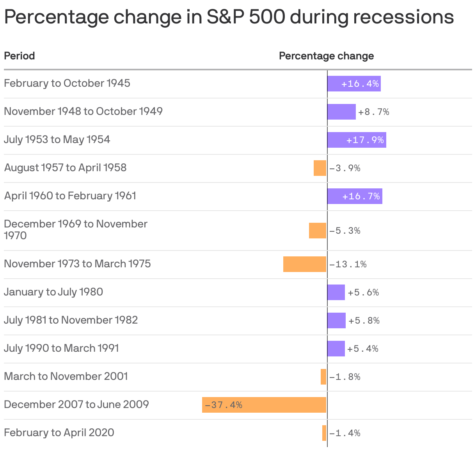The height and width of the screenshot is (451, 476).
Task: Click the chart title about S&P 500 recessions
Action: coord(229,17)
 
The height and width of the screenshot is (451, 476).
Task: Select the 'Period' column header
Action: coord(20,56)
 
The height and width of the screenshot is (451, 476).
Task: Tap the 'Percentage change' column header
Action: coord(326,56)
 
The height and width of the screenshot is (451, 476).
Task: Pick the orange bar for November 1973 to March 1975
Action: coord(304,264)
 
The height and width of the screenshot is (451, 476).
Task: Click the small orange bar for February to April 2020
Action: coord(324,433)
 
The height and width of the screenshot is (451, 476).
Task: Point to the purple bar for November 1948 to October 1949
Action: coord(341,112)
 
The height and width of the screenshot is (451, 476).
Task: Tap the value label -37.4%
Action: coord(224,405)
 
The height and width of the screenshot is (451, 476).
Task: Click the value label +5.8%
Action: coord(364,320)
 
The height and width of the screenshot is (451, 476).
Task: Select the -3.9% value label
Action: coord(345,168)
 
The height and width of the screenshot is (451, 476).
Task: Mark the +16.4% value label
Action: coord(360,84)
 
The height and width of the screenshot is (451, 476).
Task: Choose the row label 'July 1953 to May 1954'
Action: coord(57,140)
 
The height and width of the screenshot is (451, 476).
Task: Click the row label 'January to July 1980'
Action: coord(53,292)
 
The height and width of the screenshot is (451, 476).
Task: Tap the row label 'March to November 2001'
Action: coord(66,376)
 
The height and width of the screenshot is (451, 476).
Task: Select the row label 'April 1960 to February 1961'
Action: coord(70,196)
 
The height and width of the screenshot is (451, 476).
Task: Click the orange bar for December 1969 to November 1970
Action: coord(317,231)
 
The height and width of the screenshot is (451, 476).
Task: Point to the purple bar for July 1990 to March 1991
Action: coord(336,349)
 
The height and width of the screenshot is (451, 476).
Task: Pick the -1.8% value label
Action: coord(345,377)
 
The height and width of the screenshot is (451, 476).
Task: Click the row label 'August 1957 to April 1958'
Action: coord(65,168)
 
